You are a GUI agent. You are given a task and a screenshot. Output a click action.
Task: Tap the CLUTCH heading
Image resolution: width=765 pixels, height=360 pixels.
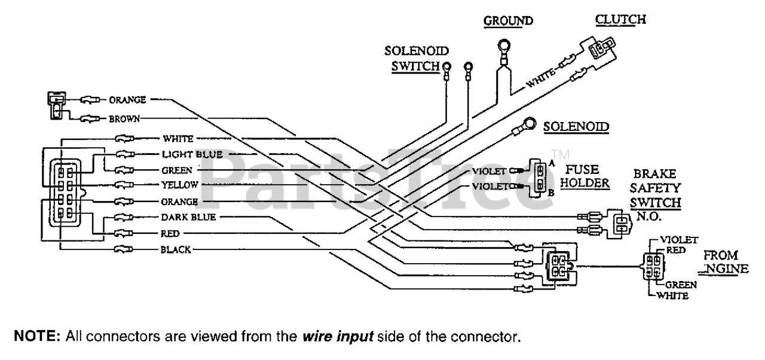pos(620,19)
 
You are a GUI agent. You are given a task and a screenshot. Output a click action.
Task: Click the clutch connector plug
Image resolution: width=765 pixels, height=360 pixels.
pos(599,50)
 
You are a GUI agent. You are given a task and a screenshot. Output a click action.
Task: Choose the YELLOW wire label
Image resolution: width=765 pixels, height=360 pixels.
pos(179,184)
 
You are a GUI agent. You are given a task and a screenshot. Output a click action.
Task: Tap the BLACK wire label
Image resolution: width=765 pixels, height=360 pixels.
pos(176,250)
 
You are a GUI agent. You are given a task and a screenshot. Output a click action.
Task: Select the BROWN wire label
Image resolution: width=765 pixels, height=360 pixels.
pos(124,118)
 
